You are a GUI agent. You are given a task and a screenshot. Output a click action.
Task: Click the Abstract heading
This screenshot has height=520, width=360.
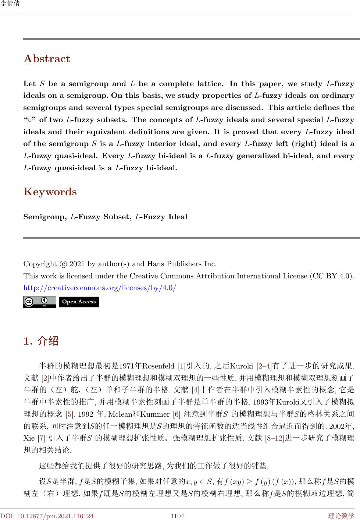pyautogui.click(x=47, y=59)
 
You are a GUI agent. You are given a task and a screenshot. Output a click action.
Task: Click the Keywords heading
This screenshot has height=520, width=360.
pyautogui.click(x=50, y=192)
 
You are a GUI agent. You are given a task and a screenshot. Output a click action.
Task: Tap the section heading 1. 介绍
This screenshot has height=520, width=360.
pyautogui.click(x=41, y=341)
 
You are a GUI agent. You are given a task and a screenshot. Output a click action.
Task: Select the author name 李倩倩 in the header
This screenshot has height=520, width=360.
pyautogui.click(x=10, y=4)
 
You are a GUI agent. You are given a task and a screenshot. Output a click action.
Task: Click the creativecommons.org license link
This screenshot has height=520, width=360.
pyautogui.click(x=100, y=288)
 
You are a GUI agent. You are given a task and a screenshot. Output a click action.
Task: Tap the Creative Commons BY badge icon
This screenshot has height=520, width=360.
pyautogui.click(x=40, y=302)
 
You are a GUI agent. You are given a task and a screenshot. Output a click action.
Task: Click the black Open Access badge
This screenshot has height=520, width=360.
pyautogui.click(x=79, y=302)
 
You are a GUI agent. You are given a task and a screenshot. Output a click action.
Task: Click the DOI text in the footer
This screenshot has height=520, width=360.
pyautogui.click(x=47, y=516)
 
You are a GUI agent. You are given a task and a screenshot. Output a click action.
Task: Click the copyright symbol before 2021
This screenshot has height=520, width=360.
pyautogui.click(x=63, y=264)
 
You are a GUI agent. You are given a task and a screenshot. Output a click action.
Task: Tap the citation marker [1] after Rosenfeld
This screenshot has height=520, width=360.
pyautogui.click(x=182, y=366)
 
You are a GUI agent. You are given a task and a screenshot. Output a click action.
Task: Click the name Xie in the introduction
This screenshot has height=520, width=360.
pyautogui.click(x=29, y=438)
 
